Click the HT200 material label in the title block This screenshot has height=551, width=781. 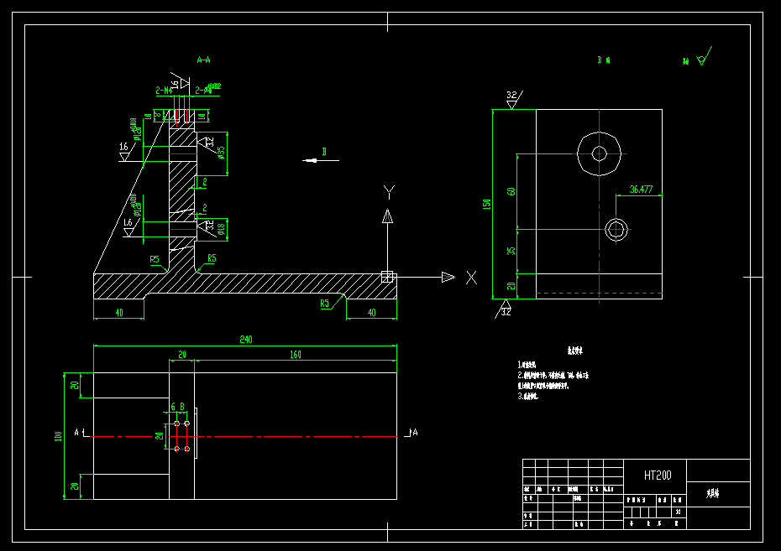pyautogui.click(x=658, y=476)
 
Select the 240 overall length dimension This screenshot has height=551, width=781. pyautogui.click(x=246, y=340)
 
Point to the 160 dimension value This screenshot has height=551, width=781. pyautogui.click(x=296, y=355)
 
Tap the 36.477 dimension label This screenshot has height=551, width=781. pyautogui.click(x=641, y=190)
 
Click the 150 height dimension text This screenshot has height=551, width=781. pyautogui.click(x=486, y=205)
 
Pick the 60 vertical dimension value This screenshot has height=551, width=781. pyautogui.click(x=511, y=191)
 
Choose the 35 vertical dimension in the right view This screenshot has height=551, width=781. pyautogui.click(x=511, y=251)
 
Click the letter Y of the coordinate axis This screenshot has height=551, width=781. pyautogui.click(x=388, y=192)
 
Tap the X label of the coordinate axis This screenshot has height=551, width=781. pyautogui.click(x=471, y=278)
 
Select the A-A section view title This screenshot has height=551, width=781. pyautogui.click(x=203, y=60)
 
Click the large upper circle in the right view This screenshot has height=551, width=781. pyautogui.click(x=599, y=153)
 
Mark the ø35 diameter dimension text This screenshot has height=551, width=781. pyautogui.click(x=221, y=152)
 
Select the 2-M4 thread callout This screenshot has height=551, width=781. pyautogui.click(x=164, y=89)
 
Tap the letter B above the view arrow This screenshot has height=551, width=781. pyautogui.click(x=323, y=152)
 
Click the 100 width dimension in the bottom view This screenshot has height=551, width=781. pyautogui.click(x=58, y=436)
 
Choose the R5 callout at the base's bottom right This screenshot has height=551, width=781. pyautogui.click(x=324, y=303)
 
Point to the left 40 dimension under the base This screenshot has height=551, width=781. pyautogui.click(x=118, y=312)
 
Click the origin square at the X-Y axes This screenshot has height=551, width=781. pyautogui.click(x=388, y=276)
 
